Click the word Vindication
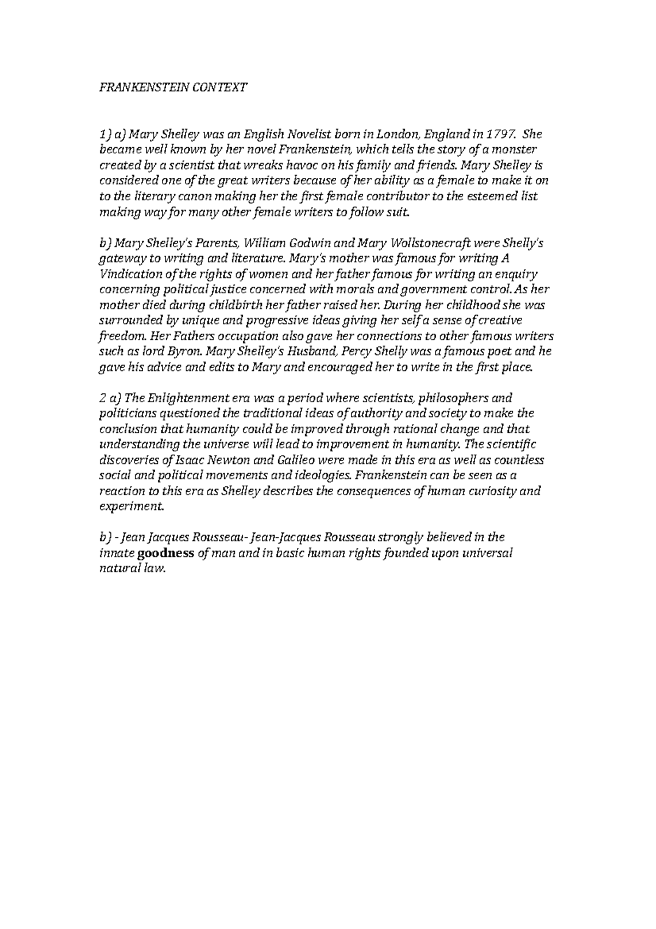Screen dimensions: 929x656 pos(129,274)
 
